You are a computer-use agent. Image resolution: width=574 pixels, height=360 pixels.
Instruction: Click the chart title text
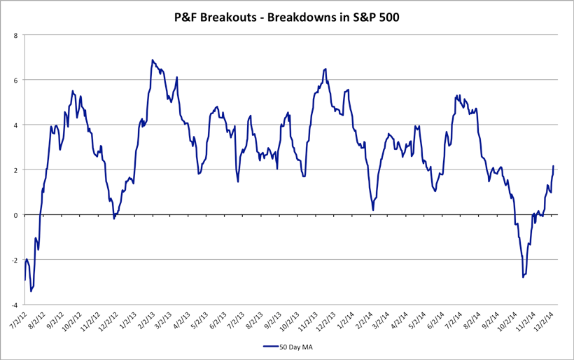coord(287,17)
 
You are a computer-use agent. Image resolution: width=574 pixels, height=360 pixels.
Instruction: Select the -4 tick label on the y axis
coord(14,305)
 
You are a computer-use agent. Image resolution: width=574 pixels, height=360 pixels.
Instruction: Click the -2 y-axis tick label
coord(14,260)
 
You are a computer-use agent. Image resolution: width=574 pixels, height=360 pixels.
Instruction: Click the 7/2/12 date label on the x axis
coord(16,321)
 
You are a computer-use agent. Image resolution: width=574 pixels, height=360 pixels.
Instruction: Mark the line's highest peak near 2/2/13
coord(152,60)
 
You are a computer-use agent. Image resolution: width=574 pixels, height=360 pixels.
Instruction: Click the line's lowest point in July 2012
coord(31,291)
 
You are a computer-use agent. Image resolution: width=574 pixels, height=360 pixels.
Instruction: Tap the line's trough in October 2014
coord(523,277)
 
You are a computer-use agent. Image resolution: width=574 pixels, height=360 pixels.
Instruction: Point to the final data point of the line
coord(553,167)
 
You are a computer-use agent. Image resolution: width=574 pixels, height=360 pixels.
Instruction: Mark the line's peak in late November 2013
coord(325,69)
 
